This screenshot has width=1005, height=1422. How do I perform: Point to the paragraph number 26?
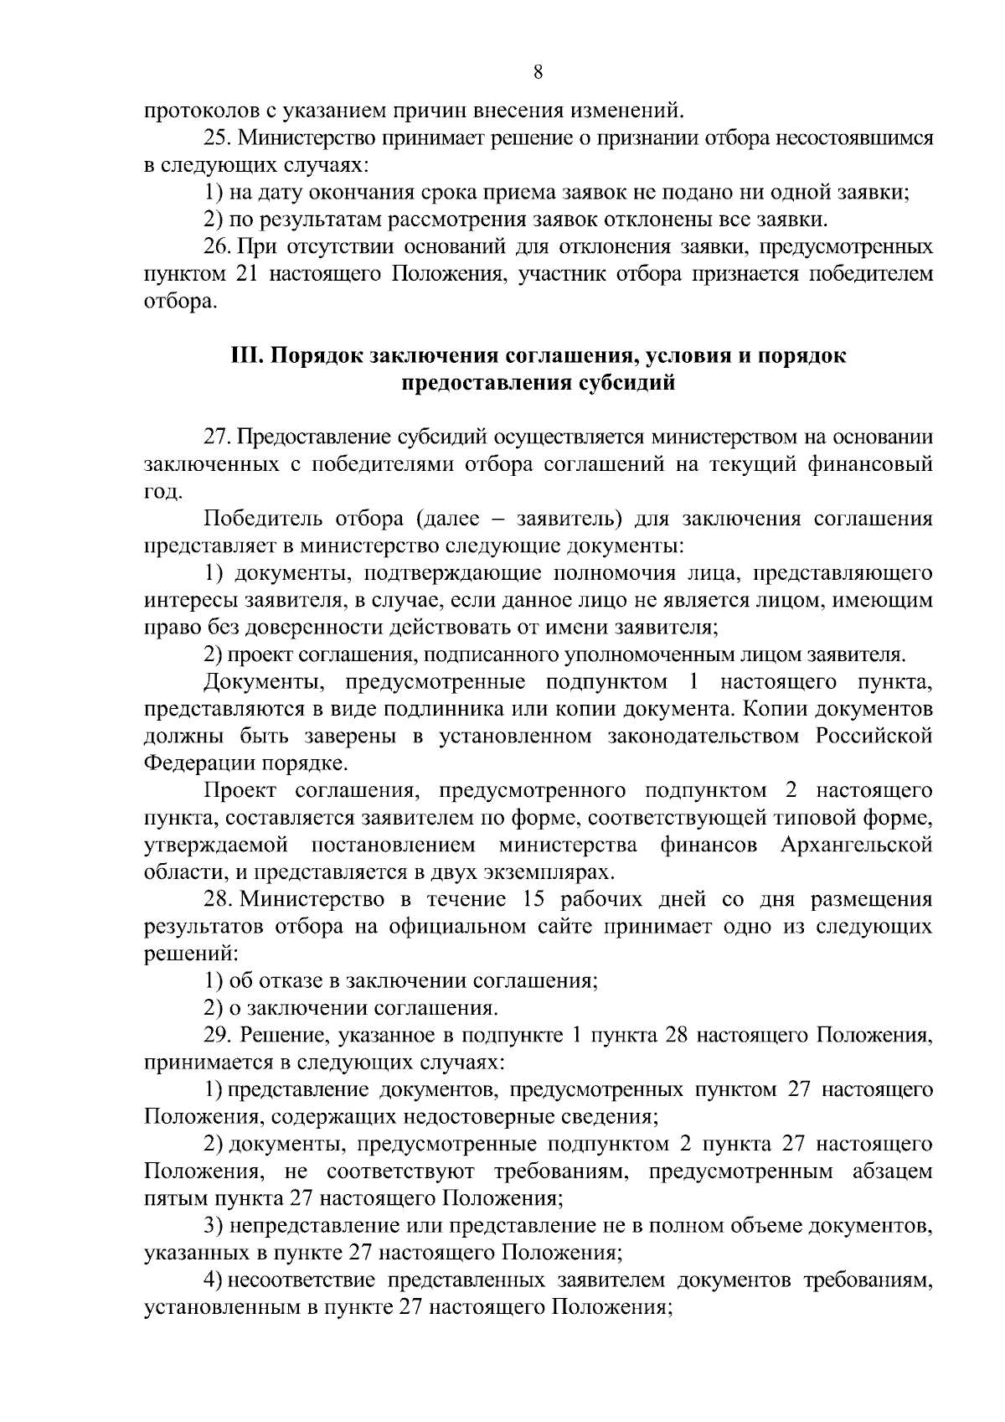(218, 247)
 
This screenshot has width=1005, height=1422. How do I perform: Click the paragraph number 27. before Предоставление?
(218, 437)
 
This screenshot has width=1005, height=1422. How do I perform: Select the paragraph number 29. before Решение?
(218, 1036)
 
